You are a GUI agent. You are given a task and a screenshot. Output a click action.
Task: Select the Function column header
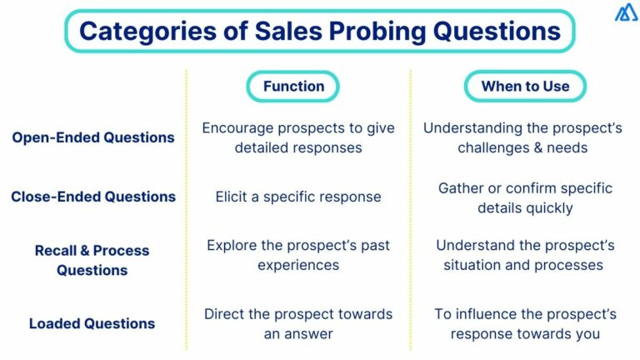tap(293, 86)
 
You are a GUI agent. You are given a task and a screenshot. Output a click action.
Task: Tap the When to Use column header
tap(525, 86)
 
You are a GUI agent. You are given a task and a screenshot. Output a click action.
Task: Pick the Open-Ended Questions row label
tap(93, 137)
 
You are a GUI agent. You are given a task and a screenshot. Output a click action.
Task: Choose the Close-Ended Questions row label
tap(93, 197)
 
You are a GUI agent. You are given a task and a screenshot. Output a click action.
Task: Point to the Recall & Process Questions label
tap(92, 260)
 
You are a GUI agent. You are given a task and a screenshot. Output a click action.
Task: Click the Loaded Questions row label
tap(92, 323)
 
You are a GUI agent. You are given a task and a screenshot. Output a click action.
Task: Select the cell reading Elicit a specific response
tap(297, 197)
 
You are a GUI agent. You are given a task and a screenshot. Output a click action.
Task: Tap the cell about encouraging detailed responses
tap(297, 137)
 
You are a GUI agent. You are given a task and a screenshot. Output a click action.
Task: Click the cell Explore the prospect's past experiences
tap(297, 255)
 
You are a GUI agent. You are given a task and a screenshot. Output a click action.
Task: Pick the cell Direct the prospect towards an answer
tap(297, 323)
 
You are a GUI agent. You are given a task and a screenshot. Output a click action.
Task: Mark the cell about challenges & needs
tap(522, 137)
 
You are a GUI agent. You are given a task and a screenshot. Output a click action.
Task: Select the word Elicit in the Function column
tap(232, 197)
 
